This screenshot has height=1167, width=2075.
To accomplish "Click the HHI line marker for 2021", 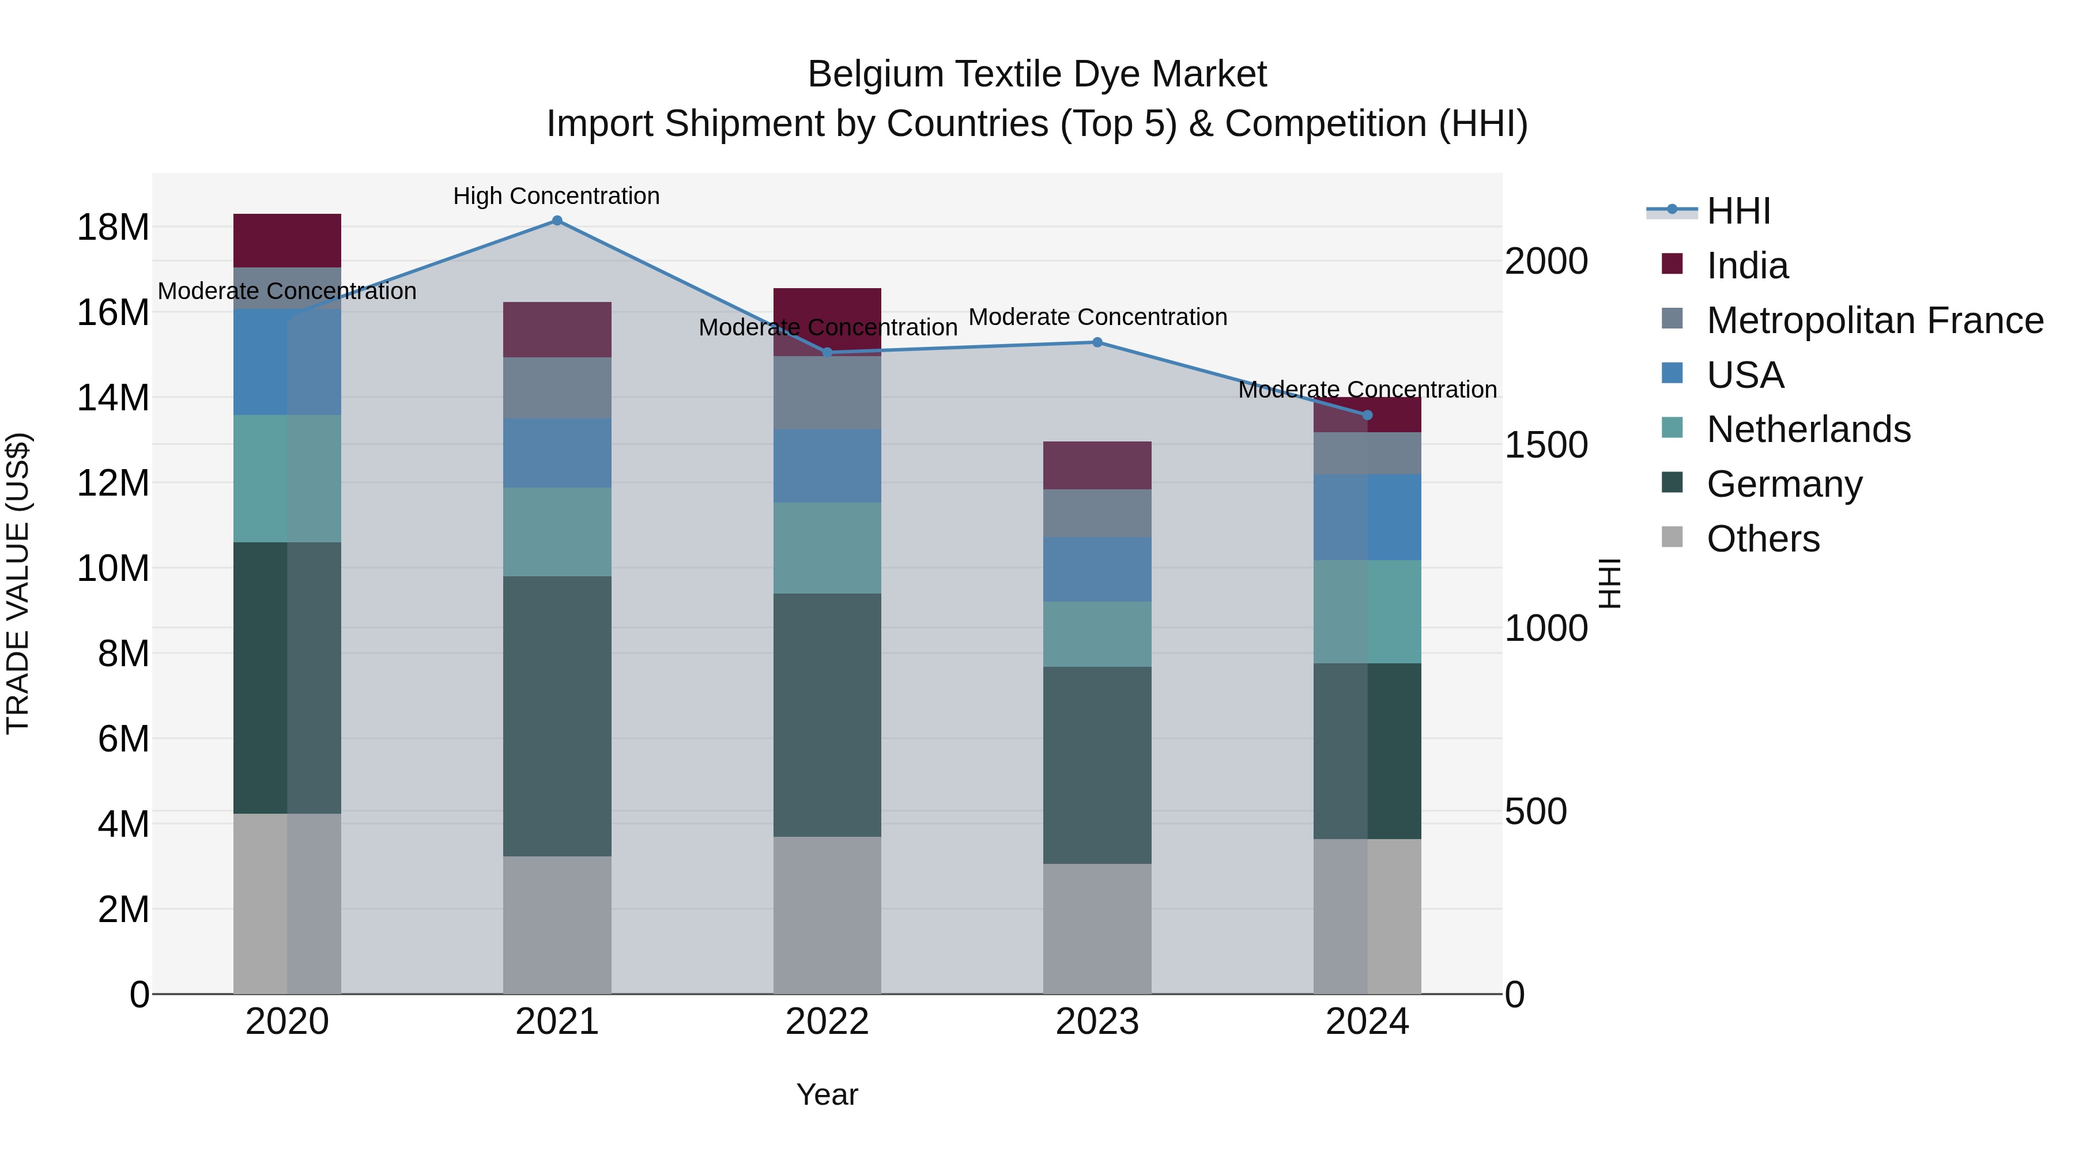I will (557, 221).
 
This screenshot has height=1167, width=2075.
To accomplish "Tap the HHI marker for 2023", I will (1097, 342).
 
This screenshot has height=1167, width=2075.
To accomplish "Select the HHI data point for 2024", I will (1367, 416).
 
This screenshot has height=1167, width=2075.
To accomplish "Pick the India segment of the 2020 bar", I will (287, 240).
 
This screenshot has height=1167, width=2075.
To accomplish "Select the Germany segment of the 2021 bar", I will (557, 715).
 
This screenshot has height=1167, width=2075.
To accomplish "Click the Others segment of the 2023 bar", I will (1097, 928).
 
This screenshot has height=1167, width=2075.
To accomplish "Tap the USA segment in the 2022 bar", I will (827, 466).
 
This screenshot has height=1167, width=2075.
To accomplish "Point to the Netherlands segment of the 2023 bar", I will (1097, 634).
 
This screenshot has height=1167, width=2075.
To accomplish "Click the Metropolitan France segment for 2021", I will (557, 387).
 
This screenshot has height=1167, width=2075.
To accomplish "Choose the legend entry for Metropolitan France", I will (1874, 320).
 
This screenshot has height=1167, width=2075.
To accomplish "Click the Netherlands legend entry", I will (1808, 429).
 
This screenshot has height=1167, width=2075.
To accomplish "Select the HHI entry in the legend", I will (1738, 211).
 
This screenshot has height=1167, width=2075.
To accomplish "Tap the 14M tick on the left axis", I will (113, 398).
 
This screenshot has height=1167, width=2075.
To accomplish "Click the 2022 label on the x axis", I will (827, 1022).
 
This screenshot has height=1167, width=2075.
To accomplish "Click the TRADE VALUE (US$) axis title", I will (18, 583).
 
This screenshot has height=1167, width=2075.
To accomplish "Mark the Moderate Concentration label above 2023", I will (1097, 318).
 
